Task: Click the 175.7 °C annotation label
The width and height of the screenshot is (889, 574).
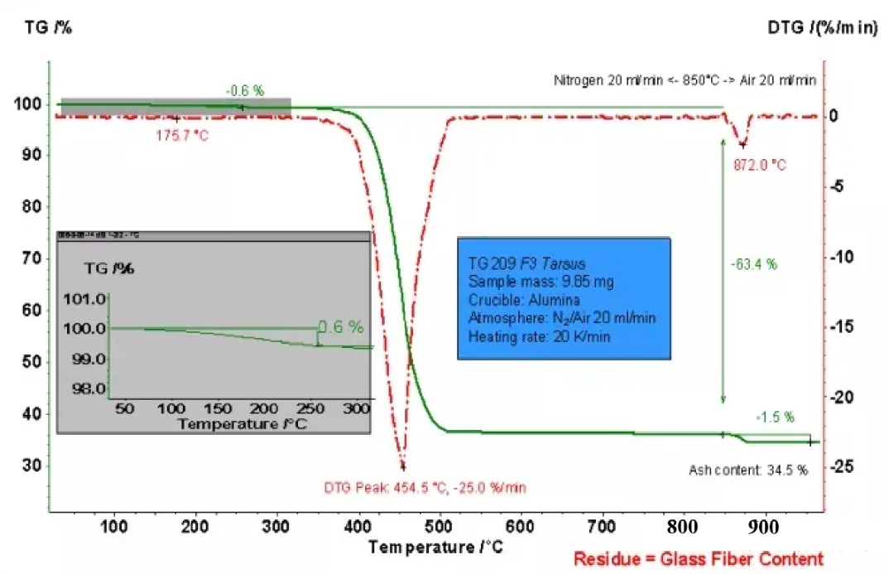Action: click(182, 134)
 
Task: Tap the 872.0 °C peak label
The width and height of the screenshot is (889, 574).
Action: click(759, 165)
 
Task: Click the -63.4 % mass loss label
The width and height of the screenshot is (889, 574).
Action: click(755, 265)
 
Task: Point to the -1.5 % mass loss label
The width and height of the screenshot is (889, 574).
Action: click(775, 417)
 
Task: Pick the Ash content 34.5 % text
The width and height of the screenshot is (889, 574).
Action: click(747, 470)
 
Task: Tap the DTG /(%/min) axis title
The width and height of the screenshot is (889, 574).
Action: click(823, 27)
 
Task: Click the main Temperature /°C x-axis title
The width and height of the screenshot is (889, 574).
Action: click(435, 547)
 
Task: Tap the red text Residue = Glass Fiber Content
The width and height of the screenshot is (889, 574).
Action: click(699, 558)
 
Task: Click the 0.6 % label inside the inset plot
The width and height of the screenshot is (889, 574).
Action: click(340, 326)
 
